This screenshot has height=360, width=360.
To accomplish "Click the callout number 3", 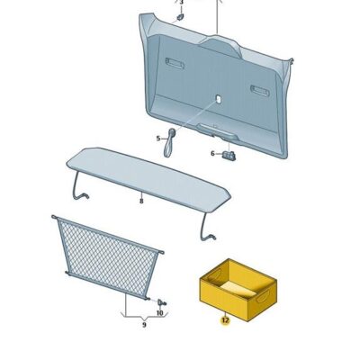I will (181, 3).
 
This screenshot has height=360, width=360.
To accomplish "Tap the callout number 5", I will (158, 138).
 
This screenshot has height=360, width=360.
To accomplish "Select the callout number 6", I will (213, 153).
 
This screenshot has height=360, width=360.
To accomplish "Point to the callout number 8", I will (141, 202).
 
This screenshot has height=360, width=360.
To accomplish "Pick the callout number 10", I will (159, 313).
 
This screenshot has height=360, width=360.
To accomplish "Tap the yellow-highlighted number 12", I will (225, 319).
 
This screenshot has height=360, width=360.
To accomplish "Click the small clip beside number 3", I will (181, 15).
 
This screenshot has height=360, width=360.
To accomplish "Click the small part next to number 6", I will (229, 154).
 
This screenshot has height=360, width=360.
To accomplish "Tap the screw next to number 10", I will (161, 301).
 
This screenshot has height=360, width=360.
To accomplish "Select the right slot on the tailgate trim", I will (259, 90).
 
